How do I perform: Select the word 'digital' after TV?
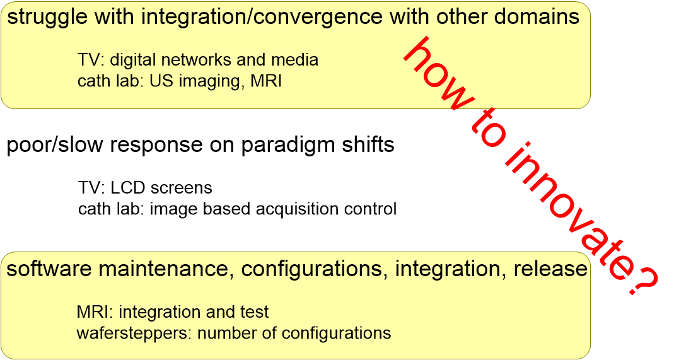pyautogui.click(x=132, y=60)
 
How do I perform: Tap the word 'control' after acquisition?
pyautogui.click(x=370, y=209)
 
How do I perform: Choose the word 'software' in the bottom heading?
pyautogui.click(x=49, y=269)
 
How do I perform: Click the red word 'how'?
pyautogui.click(x=438, y=74)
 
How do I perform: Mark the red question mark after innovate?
pyautogui.click(x=641, y=279)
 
